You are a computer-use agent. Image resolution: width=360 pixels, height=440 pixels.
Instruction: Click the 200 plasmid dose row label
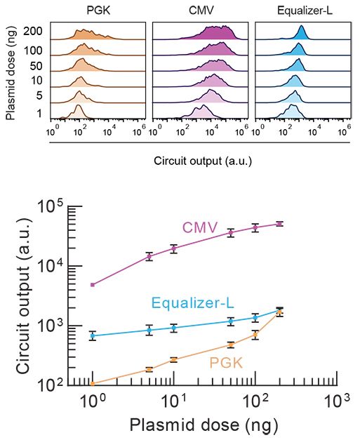coord(33,31)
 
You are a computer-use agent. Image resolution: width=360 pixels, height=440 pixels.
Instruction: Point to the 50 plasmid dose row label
coord(36,65)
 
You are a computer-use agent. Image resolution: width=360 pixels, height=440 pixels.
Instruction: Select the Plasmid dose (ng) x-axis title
coord(211,425)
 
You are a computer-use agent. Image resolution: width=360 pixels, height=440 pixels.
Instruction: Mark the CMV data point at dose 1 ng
coord(92,285)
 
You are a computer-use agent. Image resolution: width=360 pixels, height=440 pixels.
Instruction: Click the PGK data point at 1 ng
coord(92,384)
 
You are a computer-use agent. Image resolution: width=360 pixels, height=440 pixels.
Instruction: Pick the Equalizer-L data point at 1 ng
coord(92,335)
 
